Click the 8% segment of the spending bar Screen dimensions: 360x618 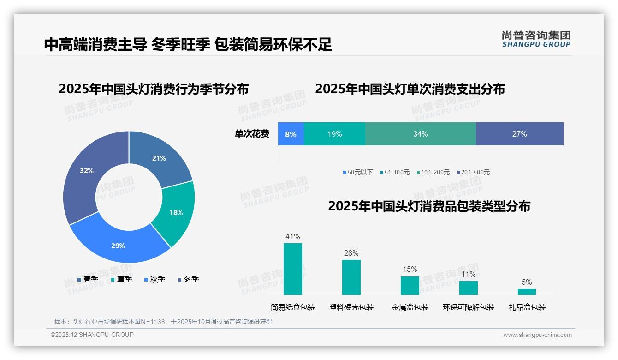click(x=291, y=134)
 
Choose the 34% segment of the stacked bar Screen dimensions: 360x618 click(x=420, y=134)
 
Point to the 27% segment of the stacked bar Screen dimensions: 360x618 click(x=519, y=134)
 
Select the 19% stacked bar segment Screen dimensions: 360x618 click(x=334, y=134)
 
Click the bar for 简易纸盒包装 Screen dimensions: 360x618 click(x=292, y=269)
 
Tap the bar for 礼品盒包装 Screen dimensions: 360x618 click(x=527, y=292)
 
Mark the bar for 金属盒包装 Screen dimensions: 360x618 click(x=410, y=286)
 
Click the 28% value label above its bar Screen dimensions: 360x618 click(x=351, y=253)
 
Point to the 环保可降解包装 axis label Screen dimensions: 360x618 click(x=468, y=307)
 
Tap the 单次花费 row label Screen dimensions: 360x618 click(x=252, y=134)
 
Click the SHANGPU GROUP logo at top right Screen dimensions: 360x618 click(x=536, y=39)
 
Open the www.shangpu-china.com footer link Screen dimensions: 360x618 click(x=537, y=335)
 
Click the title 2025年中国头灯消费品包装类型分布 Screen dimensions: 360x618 click(x=429, y=206)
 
